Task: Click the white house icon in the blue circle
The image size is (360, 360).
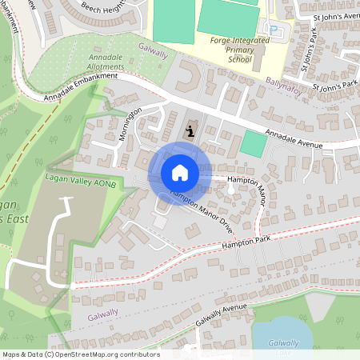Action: (x=180, y=173)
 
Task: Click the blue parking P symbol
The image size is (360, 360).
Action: (x=277, y=30)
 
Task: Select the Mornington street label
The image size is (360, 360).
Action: (x=130, y=123)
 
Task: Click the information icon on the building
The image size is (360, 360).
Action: (x=190, y=130)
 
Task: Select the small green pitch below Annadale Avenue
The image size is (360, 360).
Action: (x=254, y=145)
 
